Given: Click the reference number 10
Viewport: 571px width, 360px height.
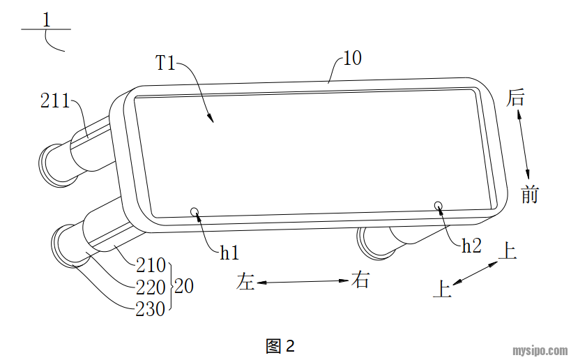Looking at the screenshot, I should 352,58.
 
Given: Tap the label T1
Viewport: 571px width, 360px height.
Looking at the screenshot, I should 165,63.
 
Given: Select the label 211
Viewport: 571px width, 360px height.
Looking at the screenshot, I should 55,101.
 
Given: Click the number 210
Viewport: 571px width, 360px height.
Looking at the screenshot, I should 151,266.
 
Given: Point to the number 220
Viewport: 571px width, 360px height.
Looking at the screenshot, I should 151,286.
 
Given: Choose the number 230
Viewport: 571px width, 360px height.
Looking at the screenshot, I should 151,307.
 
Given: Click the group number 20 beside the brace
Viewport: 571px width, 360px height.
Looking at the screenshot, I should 184,286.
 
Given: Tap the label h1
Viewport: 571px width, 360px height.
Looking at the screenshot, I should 229,253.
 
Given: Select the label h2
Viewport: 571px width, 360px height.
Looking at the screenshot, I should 471,245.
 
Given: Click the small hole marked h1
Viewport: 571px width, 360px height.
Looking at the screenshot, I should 195,211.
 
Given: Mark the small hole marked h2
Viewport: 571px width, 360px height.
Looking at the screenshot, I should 439,205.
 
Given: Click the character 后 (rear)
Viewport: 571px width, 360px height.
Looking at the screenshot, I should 515,98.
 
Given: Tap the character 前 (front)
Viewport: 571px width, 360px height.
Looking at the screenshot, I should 530,195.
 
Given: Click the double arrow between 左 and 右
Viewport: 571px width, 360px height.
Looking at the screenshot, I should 303,282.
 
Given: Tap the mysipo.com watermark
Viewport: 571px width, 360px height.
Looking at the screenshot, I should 538,350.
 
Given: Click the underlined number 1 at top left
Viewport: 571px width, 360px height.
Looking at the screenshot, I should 46,20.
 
